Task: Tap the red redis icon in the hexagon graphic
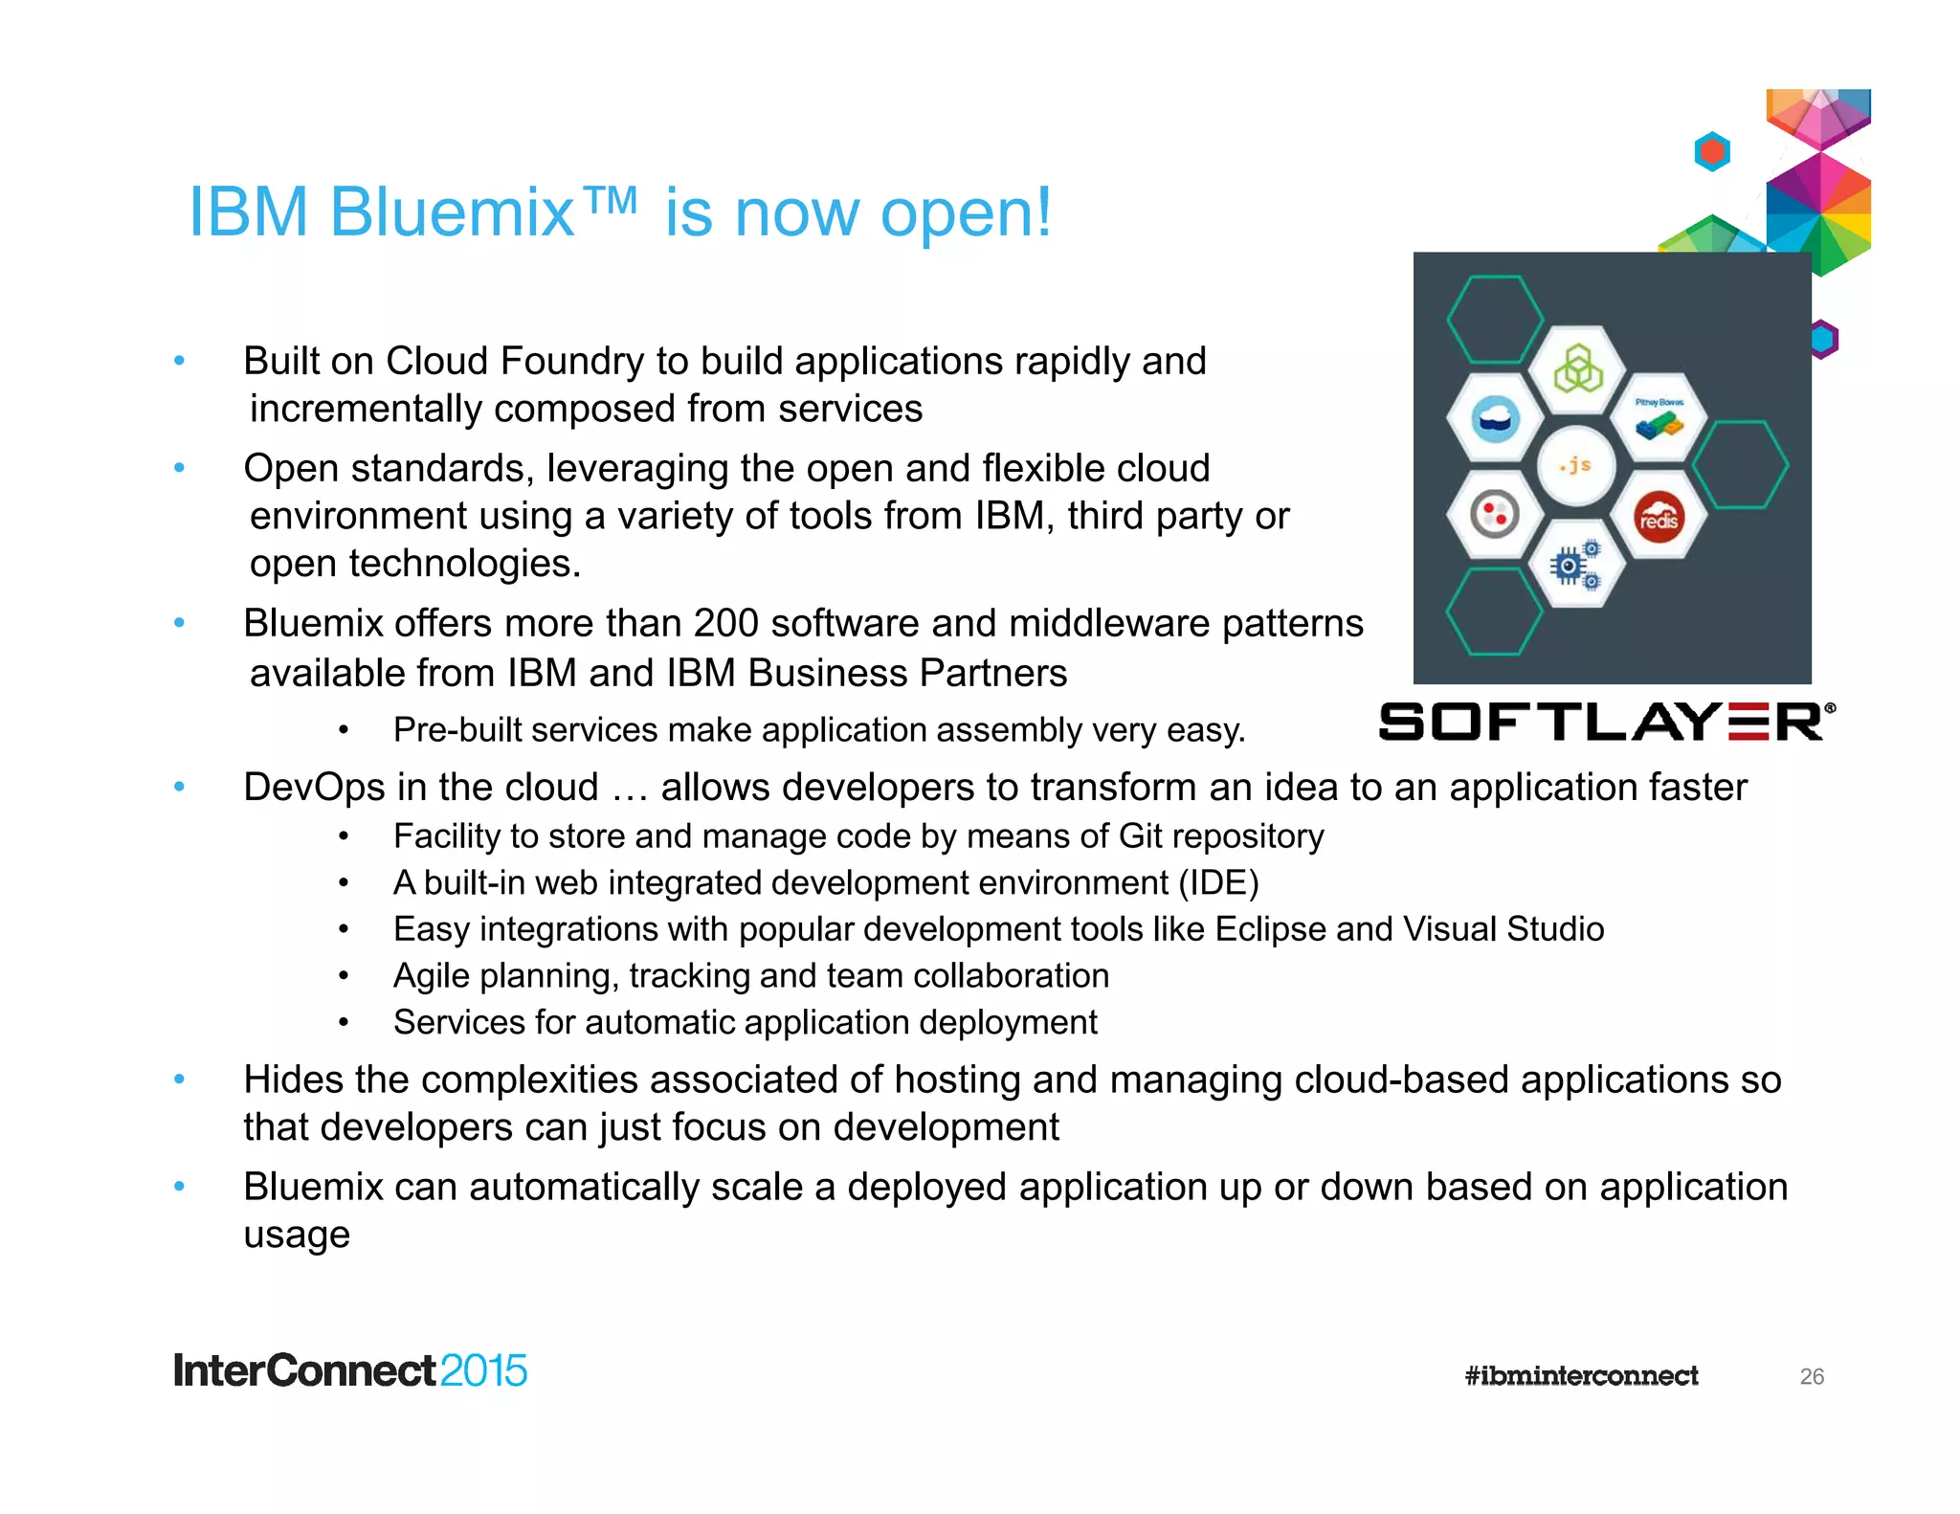1659,518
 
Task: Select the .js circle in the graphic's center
1575,466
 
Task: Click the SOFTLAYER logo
1606,722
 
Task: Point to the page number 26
1811,1376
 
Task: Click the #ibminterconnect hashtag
1581,1376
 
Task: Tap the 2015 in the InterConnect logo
483,1370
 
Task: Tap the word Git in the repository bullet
1140,835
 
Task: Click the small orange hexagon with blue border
1711,151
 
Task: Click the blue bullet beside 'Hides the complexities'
179,1080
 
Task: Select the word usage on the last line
297,1235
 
